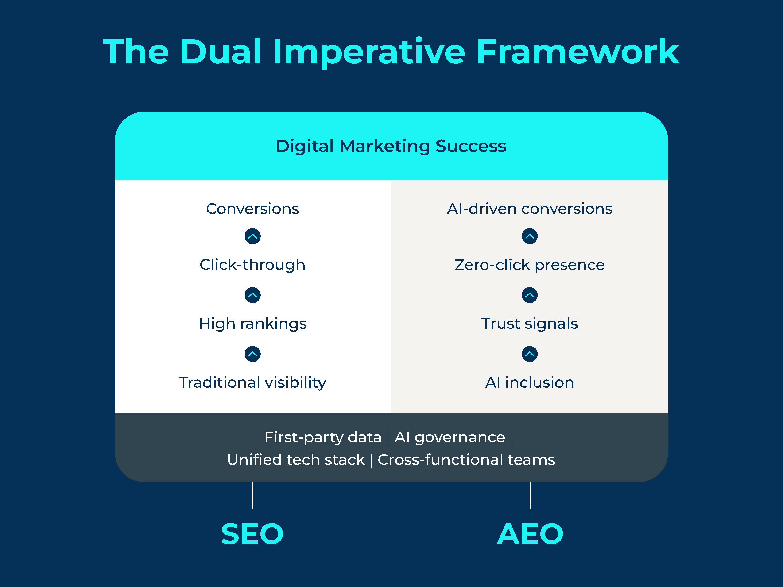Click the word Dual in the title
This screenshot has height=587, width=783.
click(x=221, y=52)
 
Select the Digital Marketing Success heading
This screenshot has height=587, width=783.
click(x=391, y=146)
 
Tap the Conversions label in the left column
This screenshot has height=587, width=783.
click(x=252, y=209)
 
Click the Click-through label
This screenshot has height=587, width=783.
click(x=252, y=265)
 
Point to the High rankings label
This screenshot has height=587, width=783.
click(x=252, y=323)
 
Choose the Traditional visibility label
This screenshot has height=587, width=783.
click(x=252, y=382)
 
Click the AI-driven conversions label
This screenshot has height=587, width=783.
click(x=530, y=209)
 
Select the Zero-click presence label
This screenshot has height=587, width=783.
click(x=530, y=265)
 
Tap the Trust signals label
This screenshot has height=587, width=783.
click(x=530, y=323)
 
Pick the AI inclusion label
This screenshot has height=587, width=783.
click(x=530, y=382)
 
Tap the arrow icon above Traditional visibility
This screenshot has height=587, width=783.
click(x=252, y=354)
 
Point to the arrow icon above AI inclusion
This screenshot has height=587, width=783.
click(x=530, y=354)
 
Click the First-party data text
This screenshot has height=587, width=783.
click(x=322, y=437)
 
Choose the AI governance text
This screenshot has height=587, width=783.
click(x=450, y=437)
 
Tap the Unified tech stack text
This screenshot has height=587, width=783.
click(x=296, y=460)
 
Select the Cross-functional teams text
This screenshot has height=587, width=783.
click(x=466, y=460)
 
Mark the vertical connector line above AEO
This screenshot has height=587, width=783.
click(x=530, y=495)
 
